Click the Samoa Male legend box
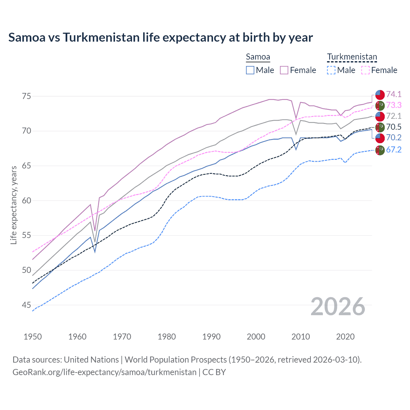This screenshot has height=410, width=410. [250, 70]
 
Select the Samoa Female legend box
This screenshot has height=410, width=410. [284, 70]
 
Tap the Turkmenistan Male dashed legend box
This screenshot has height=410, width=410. [331, 70]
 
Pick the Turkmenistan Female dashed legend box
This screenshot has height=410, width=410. [365, 70]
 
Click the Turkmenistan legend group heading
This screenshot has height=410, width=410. [352, 57]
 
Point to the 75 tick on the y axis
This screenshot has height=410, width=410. [26, 96]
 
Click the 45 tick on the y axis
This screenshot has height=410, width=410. [26, 305]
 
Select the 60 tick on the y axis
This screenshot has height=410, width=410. [26, 201]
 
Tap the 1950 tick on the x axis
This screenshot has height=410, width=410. [33, 337]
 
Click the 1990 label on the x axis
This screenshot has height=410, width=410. [211, 337]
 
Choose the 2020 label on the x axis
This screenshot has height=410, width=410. [345, 337]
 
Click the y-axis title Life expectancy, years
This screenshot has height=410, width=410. [14, 205]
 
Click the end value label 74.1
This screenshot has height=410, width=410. [394, 94]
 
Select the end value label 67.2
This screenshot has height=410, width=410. [394, 150]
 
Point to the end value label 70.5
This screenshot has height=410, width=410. [394, 127]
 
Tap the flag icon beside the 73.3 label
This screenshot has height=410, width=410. [380, 105]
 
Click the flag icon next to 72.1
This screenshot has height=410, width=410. [380, 116]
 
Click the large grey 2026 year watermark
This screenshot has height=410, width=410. [338, 307]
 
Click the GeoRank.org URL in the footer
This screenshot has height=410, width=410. [104, 372]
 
